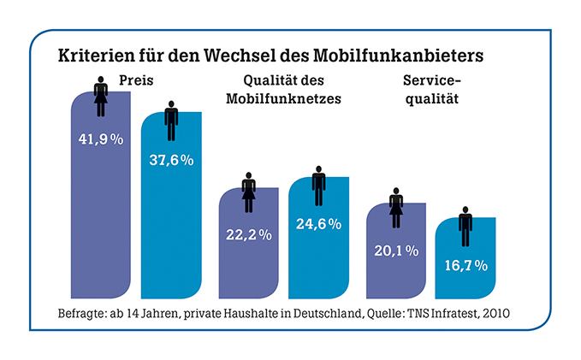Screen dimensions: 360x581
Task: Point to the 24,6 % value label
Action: click(x=318, y=224)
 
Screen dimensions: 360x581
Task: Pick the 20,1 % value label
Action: click(x=395, y=251)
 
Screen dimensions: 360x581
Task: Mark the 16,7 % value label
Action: click(x=465, y=265)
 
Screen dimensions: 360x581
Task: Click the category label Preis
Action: click(x=135, y=83)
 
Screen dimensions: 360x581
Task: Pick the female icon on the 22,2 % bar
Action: click(x=249, y=192)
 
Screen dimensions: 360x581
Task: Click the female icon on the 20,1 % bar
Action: click(x=396, y=210)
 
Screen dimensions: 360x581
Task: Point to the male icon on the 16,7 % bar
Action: click(x=465, y=224)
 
